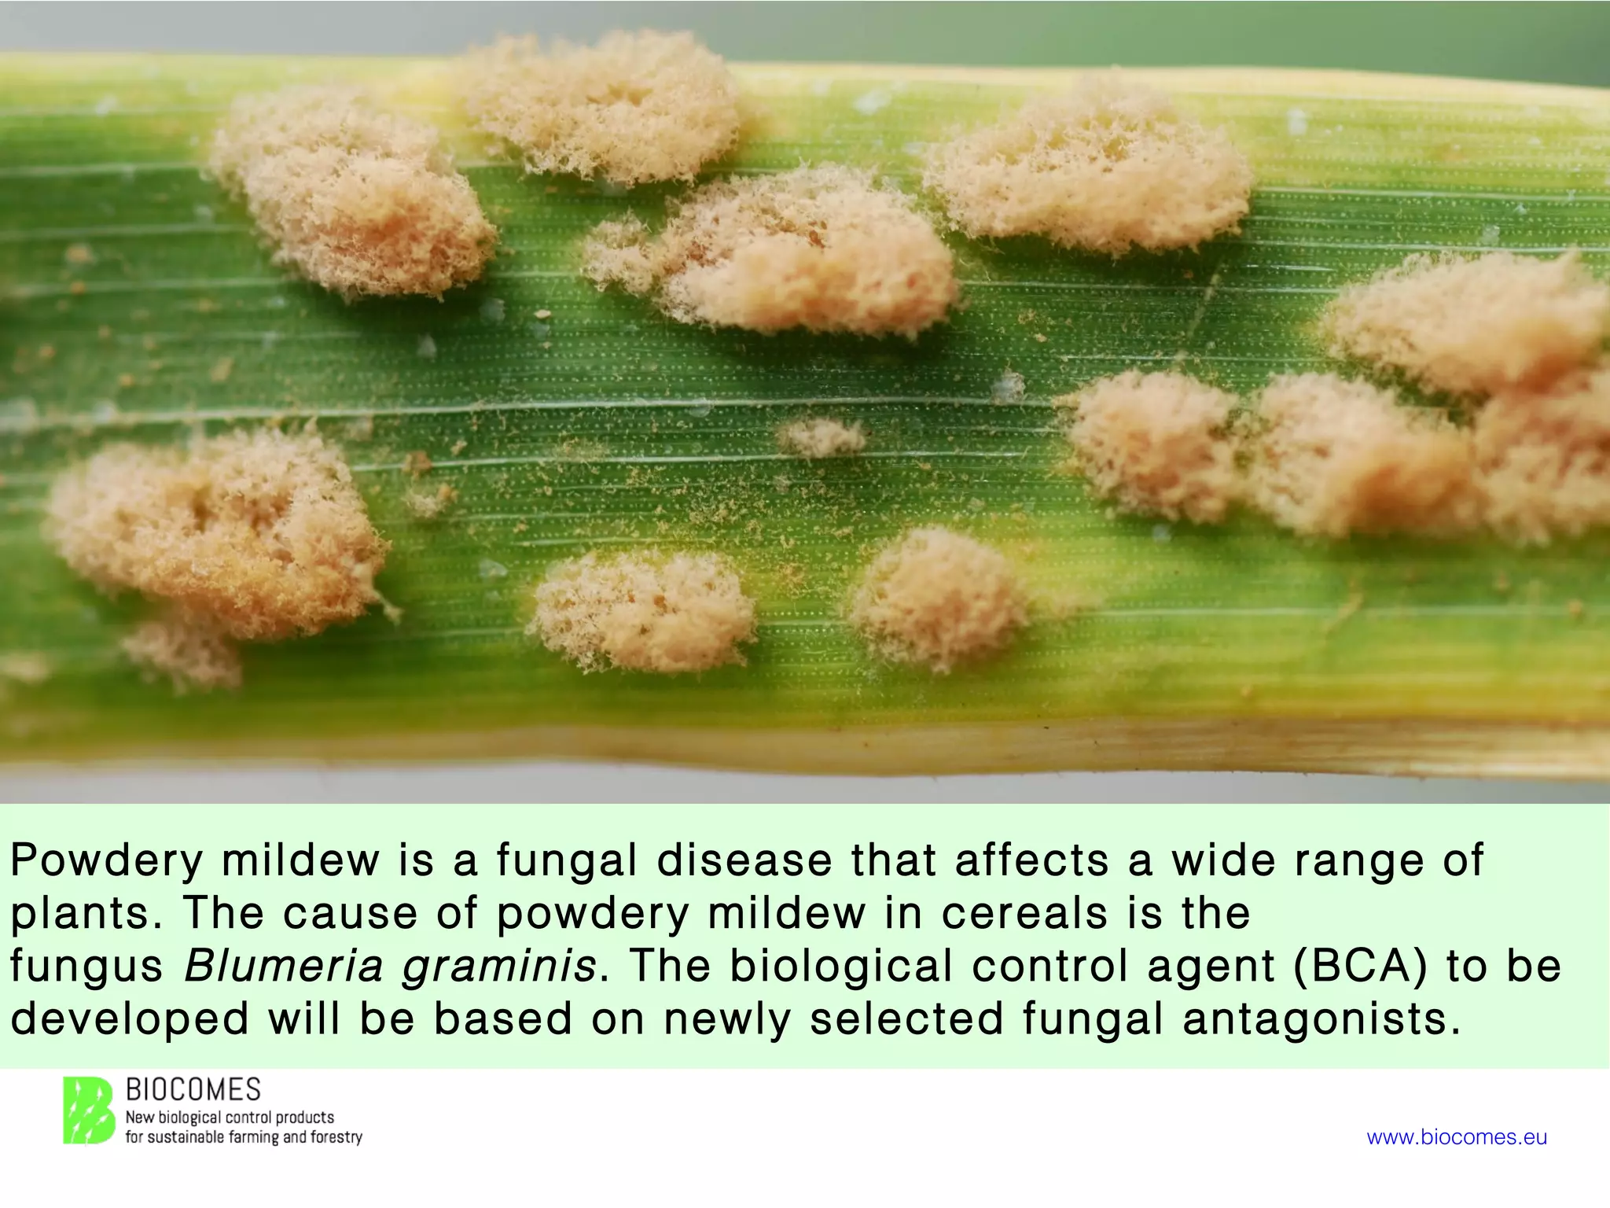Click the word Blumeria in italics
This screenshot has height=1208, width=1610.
pos(283,966)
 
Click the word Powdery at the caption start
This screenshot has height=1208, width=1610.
pos(106,861)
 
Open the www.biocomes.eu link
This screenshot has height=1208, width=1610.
pos(1457,1137)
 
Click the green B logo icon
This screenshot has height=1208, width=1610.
pos(89,1110)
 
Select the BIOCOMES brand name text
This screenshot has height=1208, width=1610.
pos(193,1090)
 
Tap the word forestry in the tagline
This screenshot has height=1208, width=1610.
pos(336,1137)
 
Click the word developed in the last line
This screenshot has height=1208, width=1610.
pos(130,1020)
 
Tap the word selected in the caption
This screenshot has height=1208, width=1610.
pos(906,1018)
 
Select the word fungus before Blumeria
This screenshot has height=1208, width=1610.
pos(86,967)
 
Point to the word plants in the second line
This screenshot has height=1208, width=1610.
pos(80,915)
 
